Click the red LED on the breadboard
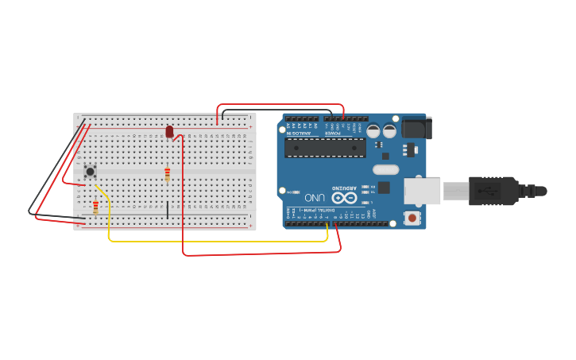click(x=169, y=131)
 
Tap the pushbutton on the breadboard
click(x=91, y=171)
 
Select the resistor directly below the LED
click(x=167, y=174)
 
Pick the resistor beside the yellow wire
click(x=96, y=207)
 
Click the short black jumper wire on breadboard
click(x=167, y=210)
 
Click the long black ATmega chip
click(x=326, y=148)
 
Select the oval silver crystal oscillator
click(x=385, y=169)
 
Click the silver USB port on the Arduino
click(x=423, y=191)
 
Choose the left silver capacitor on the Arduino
click(x=373, y=131)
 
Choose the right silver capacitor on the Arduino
click(x=390, y=131)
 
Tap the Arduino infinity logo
click(x=344, y=197)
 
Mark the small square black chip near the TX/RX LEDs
click(x=384, y=188)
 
